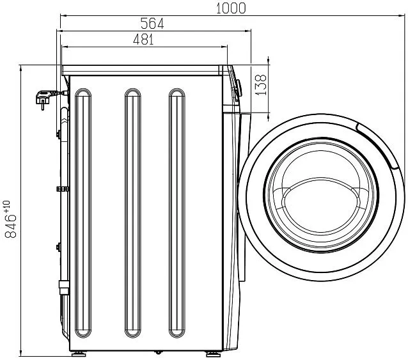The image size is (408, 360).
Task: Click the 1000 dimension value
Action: coord(231,8)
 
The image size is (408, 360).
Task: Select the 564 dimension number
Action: coord(152,24)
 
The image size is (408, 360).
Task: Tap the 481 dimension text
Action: coord(143,40)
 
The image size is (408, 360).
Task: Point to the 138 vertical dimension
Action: coord(262,85)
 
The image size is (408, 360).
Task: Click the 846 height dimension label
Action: coord(11,226)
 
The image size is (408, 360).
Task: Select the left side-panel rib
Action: coord(83,213)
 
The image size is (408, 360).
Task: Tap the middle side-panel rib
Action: coord(133,213)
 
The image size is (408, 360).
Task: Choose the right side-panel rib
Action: coord(177,213)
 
